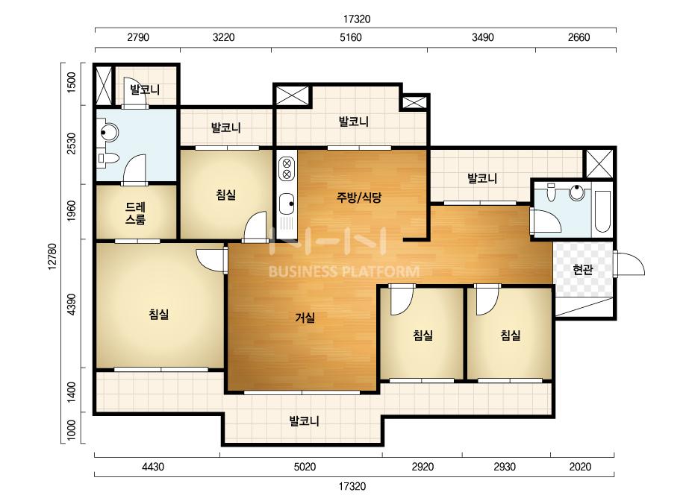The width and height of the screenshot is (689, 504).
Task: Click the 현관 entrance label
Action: (x=583, y=269)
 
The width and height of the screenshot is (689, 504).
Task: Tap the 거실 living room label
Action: (x=305, y=317)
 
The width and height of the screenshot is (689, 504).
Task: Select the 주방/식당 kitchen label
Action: (x=359, y=198)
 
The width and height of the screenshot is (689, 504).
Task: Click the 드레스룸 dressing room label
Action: (x=135, y=213)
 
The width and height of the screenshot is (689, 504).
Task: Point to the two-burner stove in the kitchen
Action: (x=287, y=168)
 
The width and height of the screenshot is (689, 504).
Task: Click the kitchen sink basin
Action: (x=287, y=204)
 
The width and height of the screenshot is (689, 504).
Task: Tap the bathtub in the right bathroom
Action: (x=602, y=211)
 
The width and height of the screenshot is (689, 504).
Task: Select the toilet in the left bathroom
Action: (x=108, y=159)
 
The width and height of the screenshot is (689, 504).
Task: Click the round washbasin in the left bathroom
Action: (x=108, y=132)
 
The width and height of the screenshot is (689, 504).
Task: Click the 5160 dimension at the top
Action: (x=351, y=37)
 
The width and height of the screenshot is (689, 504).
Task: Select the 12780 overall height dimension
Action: (x=52, y=256)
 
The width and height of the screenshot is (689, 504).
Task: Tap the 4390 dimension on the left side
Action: (x=72, y=304)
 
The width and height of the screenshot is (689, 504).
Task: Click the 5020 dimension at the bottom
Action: (x=305, y=467)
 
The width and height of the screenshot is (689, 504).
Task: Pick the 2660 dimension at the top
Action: (x=579, y=37)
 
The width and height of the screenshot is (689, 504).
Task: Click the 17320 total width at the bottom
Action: (x=352, y=486)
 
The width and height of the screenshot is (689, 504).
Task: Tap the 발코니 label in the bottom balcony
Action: (x=304, y=421)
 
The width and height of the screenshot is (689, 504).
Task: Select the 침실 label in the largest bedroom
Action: (x=159, y=315)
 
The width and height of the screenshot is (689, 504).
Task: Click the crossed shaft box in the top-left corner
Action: (x=105, y=86)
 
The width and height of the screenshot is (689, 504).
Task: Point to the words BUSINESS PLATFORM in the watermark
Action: (x=343, y=271)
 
